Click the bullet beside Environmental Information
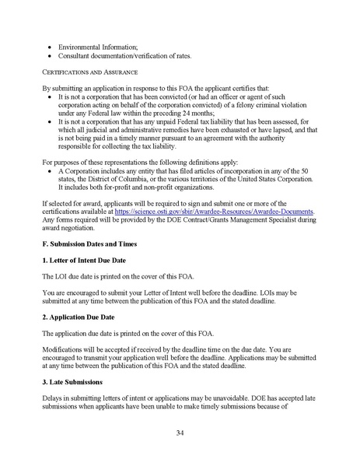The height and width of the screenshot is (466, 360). [51, 45]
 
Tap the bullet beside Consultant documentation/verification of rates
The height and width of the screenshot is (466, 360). [51, 54]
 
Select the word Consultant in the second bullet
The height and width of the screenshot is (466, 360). [79, 54]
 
